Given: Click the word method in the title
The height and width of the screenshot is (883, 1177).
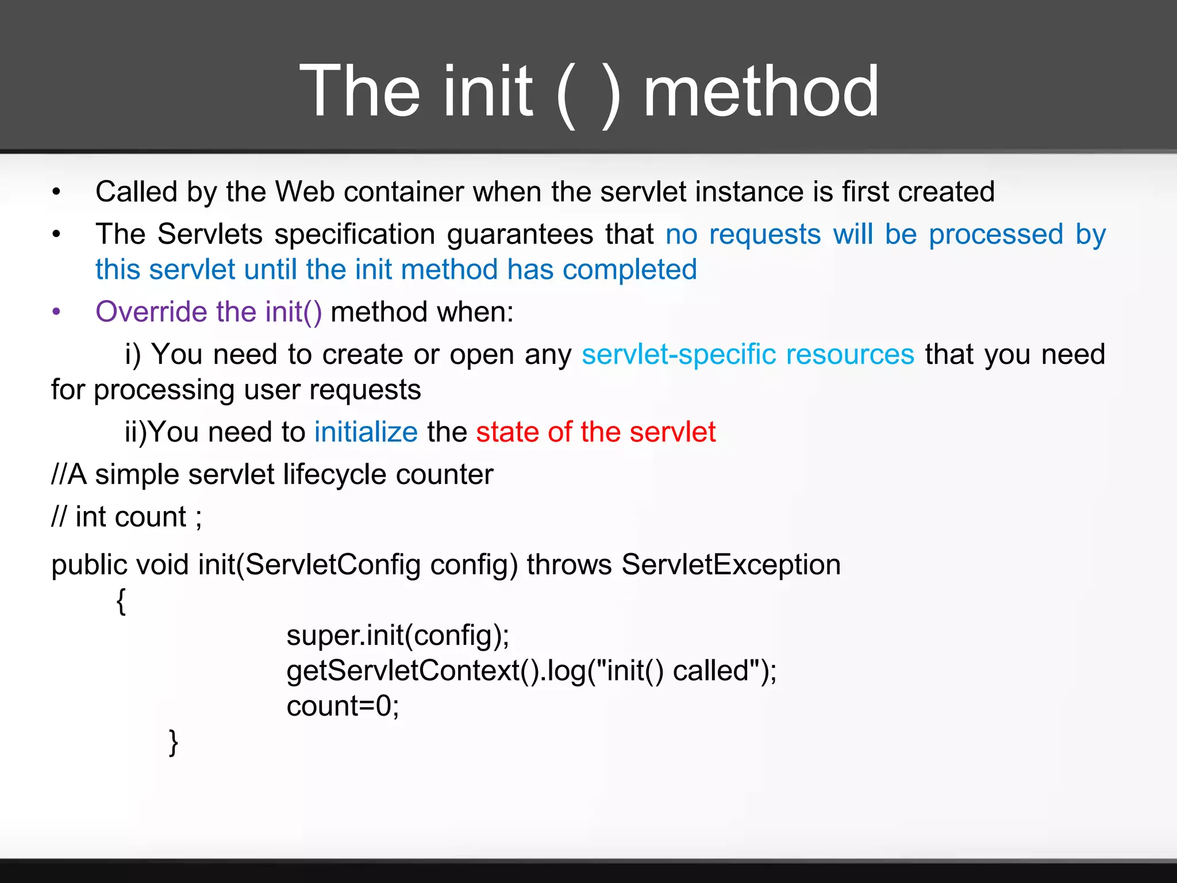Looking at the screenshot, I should tap(761, 92).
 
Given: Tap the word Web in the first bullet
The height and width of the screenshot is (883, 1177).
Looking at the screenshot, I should tap(305, 192).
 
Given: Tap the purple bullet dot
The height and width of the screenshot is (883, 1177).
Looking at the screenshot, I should tap(56, 312).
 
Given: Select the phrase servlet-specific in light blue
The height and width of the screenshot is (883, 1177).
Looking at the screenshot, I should tap(679, 354).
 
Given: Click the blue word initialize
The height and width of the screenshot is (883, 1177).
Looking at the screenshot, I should tap(366, 432).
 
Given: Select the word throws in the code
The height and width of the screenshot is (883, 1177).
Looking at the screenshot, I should tap(569, 565).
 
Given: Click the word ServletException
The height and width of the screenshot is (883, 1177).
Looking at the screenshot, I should tap(730, 565).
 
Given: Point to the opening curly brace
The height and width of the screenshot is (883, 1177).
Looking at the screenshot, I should tap(121, 601).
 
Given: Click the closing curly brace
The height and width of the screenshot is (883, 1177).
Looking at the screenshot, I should tap(173, 742).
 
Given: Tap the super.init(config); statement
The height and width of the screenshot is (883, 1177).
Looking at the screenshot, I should tap(398, 636).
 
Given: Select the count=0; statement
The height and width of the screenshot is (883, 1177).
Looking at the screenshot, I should tap(343, 706).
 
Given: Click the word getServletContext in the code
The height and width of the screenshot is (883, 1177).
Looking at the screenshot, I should tap(402, 671).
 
